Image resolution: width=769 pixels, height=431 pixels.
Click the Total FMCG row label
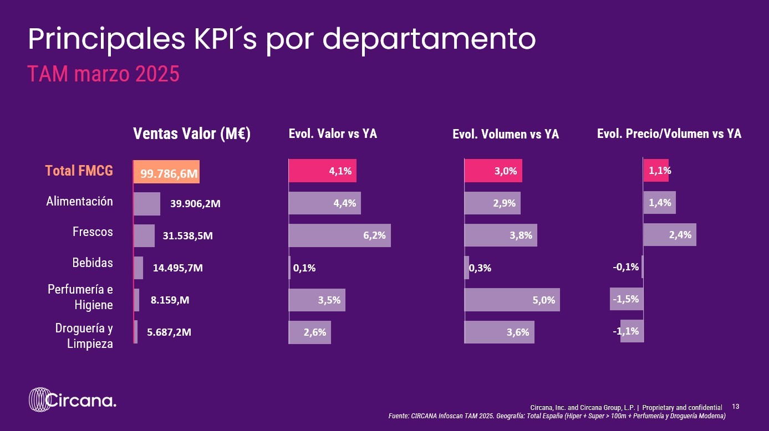click(x=79, y=171)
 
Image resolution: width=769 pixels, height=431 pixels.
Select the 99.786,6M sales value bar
click(x=166, y=172)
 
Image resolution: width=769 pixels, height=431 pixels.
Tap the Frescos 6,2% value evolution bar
click(x=339, y=235)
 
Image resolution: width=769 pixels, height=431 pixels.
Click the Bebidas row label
click(x=93, y=263)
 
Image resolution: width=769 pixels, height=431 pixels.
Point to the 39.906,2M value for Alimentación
click(x=195, y=203)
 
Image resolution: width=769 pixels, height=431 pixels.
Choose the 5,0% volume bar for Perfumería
click(x=512, y=300)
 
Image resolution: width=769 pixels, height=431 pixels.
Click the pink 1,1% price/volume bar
click(x=656, y=171)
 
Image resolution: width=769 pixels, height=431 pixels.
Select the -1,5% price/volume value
click(x=626, y=299)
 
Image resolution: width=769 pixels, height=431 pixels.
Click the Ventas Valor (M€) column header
click(x=192, y=134)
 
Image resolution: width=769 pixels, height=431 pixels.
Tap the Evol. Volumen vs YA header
click(x=506, y=134)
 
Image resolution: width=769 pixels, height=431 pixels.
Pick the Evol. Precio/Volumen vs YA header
click(x=669, y=134)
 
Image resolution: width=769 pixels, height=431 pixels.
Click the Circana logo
click(x=73, y=400)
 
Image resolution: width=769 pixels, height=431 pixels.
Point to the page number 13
click(x=736, y=407)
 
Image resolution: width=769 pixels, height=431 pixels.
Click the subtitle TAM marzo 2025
click(x=104, y=74)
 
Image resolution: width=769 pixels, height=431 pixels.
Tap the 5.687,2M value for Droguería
click(x=169, y=332)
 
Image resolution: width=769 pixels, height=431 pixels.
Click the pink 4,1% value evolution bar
click(x=322, y=171)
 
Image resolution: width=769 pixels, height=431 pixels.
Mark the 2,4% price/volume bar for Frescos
click(x=669, y=234)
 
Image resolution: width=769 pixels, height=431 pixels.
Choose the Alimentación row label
click(x=79, y=202)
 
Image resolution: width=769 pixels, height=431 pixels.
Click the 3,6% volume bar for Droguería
click(x=499, y=332)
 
